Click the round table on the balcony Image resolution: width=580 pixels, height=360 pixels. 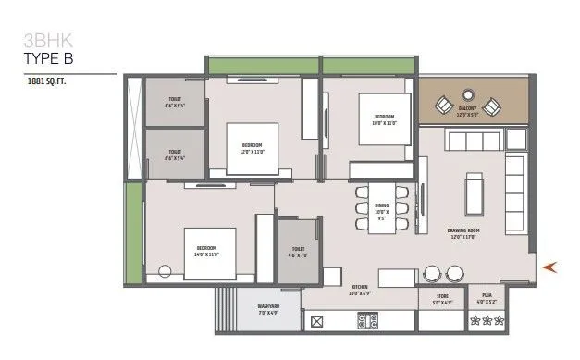pos(467,95)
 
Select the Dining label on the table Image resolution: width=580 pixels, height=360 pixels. pos(380,213)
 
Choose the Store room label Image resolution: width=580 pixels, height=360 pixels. pos(435,300)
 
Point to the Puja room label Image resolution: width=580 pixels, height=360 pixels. pos(487,300)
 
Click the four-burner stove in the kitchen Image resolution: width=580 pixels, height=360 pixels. pos(367,321)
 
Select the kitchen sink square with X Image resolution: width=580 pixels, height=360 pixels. pos(317,322)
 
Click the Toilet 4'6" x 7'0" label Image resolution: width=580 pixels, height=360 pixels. pos(297,251)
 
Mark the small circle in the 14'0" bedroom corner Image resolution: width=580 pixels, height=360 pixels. pos(165,272)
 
